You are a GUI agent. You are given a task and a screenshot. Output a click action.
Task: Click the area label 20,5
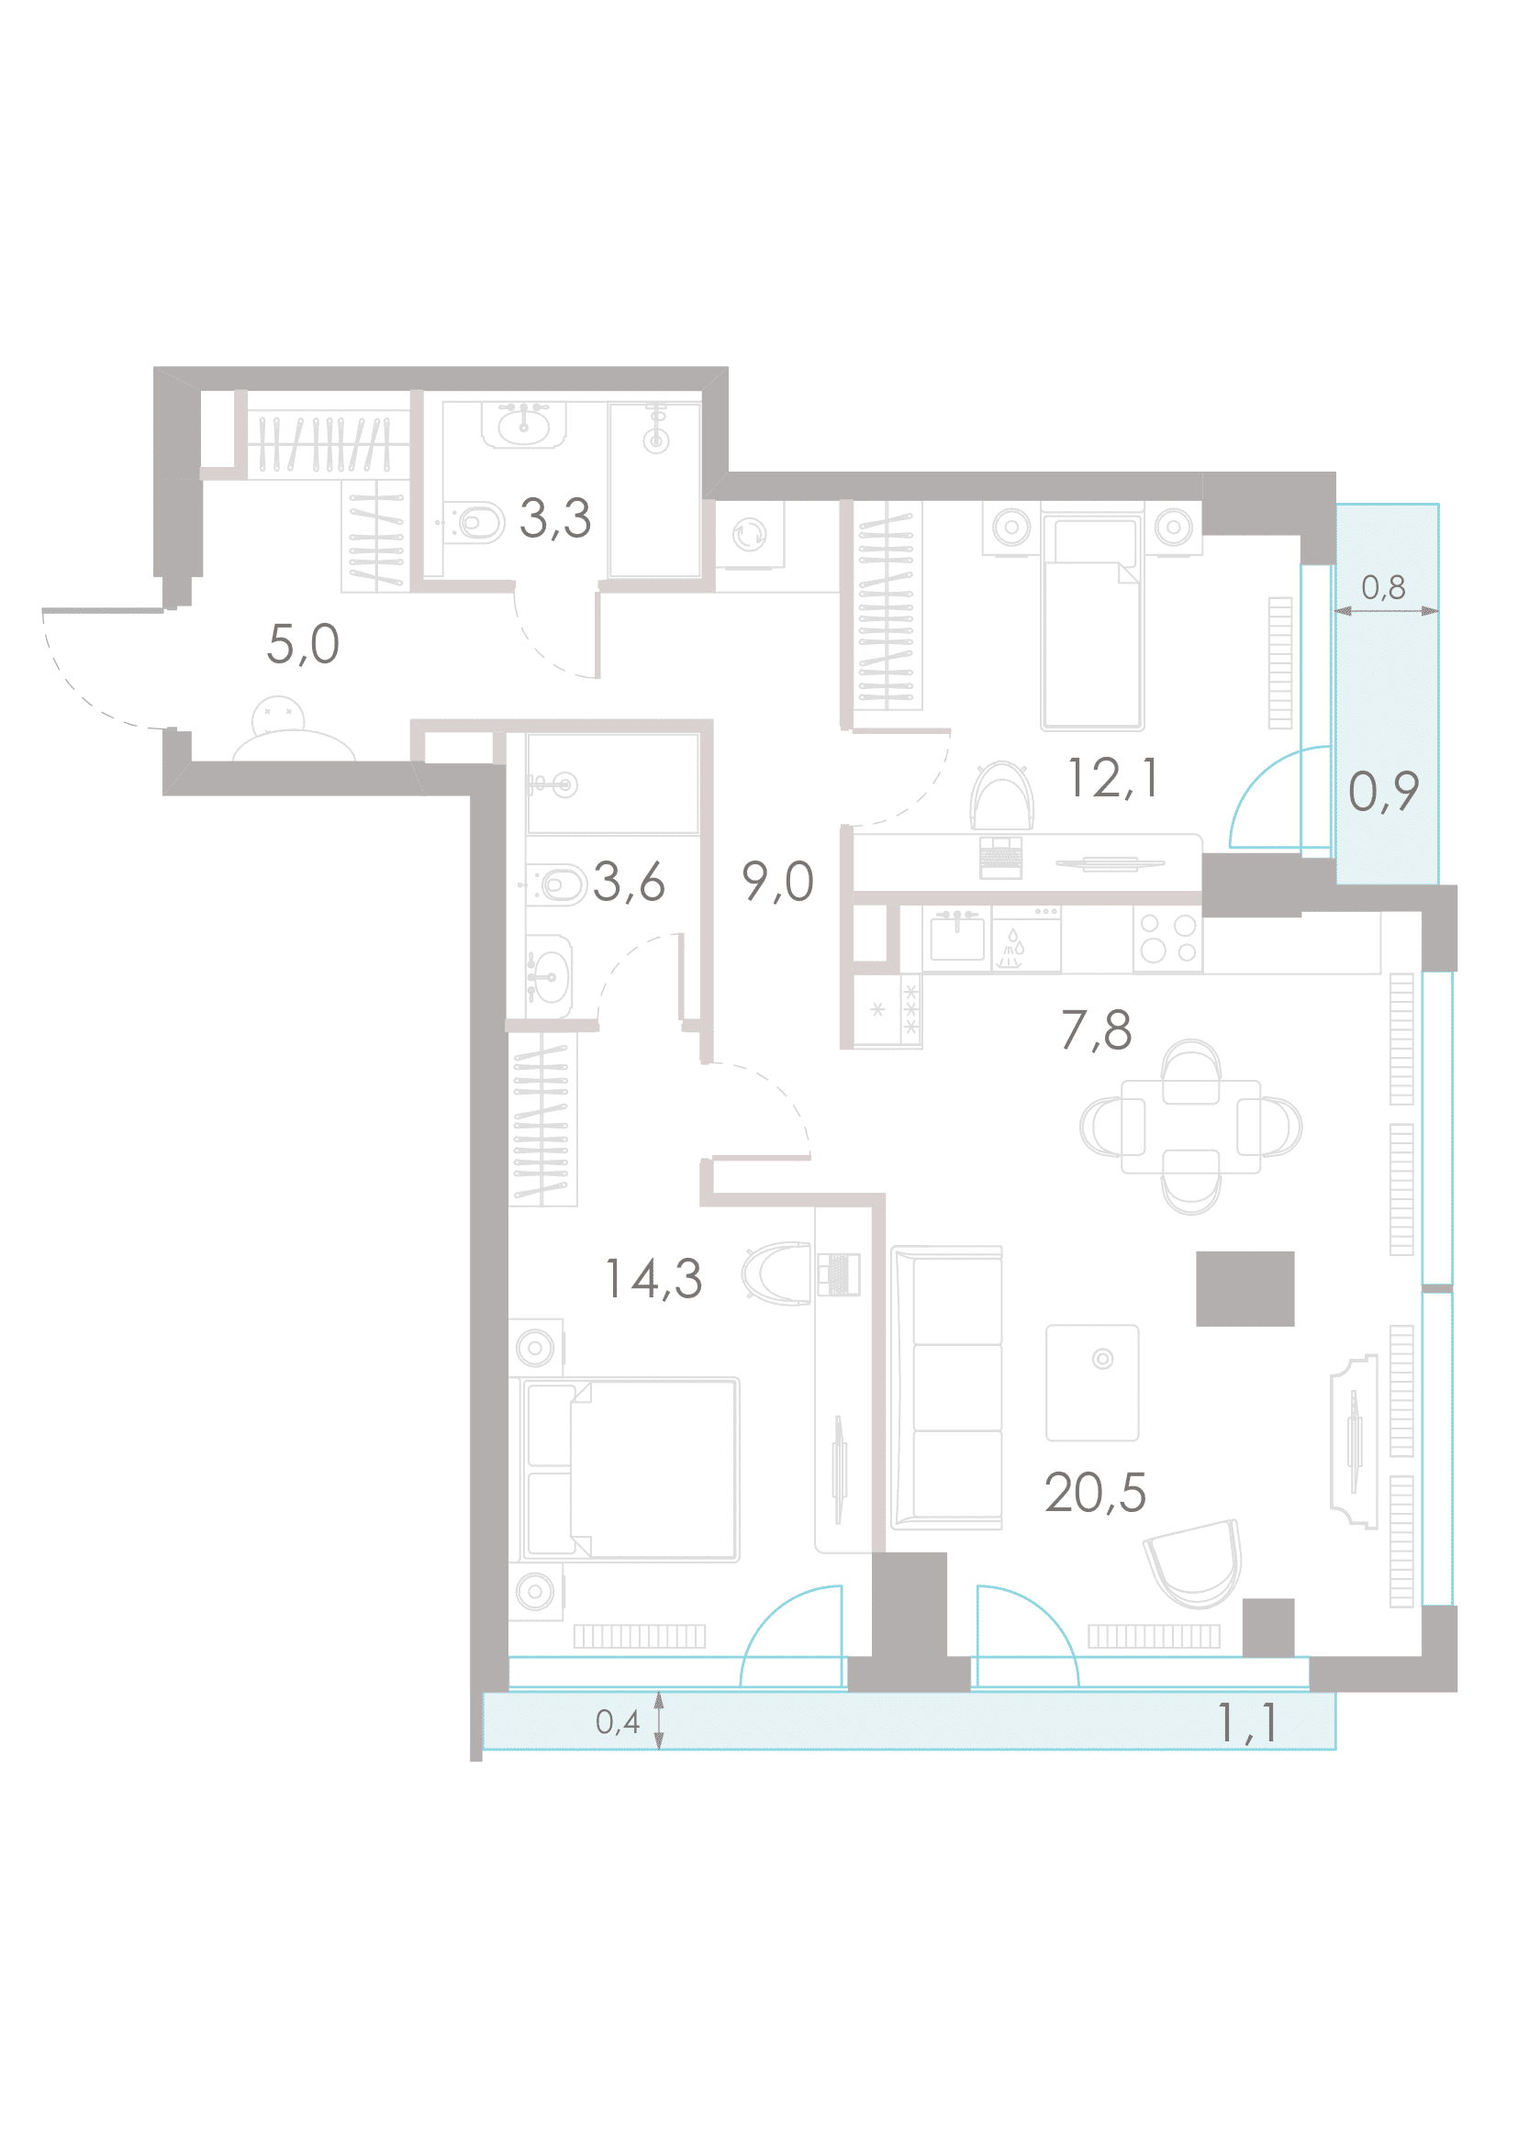tap(1095, 1493)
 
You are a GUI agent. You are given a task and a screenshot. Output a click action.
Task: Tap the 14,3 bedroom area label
tap(653, 1279)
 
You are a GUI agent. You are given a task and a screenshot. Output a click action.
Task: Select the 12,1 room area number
tap(1112, 779)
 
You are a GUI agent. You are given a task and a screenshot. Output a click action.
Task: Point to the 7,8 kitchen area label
tap(1097, 1030)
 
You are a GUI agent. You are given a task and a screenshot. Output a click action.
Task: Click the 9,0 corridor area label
tap(777, 882)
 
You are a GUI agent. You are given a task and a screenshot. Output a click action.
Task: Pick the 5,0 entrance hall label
tap(303, 644)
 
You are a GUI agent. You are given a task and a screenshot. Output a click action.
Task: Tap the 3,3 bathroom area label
tap(555, 517)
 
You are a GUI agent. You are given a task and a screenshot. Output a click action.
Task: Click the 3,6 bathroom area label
tap(629, 882)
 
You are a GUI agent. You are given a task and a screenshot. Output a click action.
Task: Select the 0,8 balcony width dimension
tap(1383, 587)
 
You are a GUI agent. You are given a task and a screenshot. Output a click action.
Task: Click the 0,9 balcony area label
tap(1383, 791)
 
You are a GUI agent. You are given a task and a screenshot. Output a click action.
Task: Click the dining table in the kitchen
tap(1191, 1127)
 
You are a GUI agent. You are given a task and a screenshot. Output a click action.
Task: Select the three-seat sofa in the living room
tap(947, 1388)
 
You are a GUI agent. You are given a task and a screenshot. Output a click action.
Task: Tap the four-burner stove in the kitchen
tap(1167, 939)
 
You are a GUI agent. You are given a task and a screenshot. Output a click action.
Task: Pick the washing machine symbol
tap(750, 535)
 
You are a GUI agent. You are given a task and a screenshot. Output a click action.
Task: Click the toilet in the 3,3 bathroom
tap(474, 522)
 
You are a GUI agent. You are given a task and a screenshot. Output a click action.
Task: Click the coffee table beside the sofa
tap(1093, 1384)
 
